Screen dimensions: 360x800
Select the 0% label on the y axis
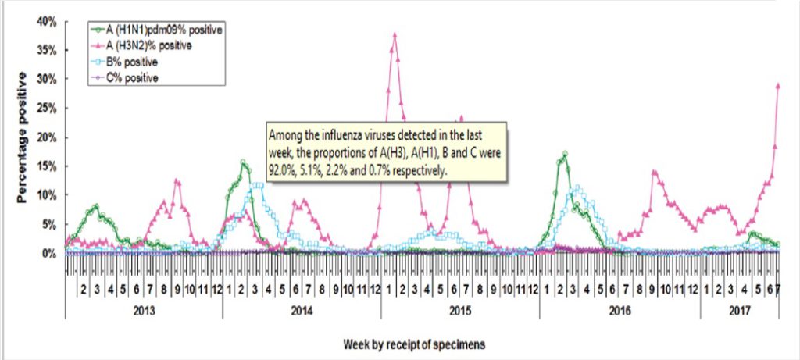49,253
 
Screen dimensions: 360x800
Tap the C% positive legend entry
133,77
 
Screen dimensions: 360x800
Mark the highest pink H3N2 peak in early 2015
395,35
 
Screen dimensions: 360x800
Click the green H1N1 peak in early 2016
564,154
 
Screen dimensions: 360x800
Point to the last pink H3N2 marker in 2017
778,86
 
